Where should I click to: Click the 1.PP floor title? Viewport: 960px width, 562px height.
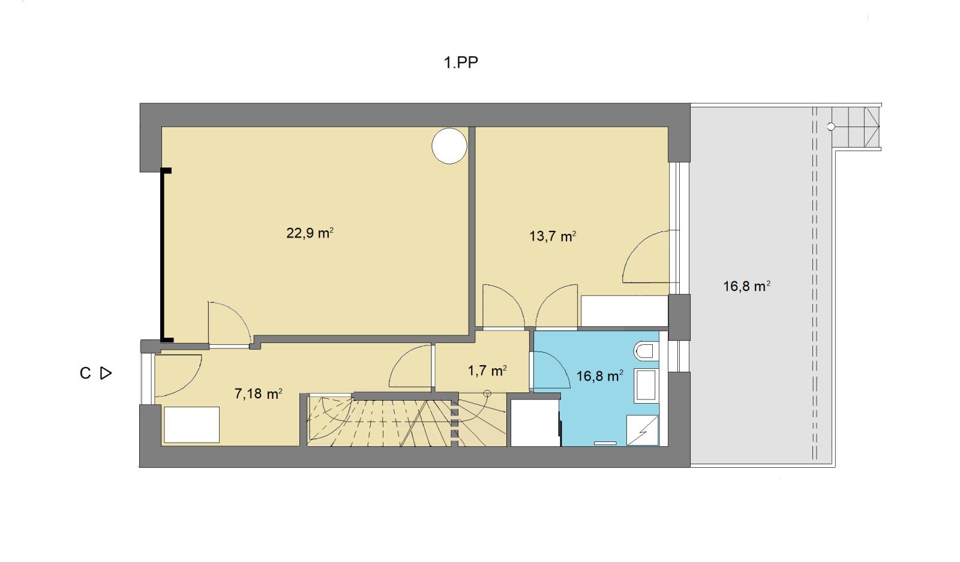tap(461, 62)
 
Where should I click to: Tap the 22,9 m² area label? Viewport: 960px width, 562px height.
tap(310, 233)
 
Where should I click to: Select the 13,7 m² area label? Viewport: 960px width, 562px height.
tap(553, 236)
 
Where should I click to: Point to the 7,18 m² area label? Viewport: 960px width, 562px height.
tap(258, 393)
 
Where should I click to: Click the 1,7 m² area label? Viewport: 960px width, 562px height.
tap(487, 371)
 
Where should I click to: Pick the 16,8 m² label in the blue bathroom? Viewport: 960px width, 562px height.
tap(599, 376)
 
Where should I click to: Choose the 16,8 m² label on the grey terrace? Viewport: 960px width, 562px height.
tap(746, 286)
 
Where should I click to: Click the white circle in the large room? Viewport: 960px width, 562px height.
tap(449, 146)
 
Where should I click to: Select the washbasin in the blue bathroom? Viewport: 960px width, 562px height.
tap(646, 386)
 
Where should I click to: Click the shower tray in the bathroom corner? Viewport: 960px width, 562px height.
tap(643, 430)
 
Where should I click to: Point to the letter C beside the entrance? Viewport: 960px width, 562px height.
tap(85, 373)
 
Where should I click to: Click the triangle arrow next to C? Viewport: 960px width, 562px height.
tap(106, 373)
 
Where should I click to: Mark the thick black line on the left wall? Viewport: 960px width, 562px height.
tap(163, 256)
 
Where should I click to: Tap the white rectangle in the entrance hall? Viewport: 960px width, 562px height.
tap(191, 425)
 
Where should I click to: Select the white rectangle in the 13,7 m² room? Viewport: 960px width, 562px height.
tap(625, 311)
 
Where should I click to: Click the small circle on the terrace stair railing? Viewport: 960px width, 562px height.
tap(830, 127)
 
